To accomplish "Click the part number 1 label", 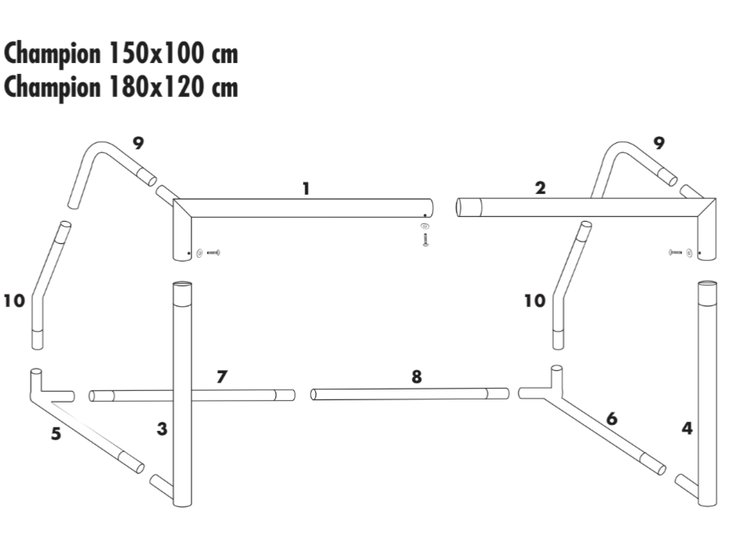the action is click(x=306, y=189).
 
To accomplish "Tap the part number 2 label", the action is click(x=540, y=188).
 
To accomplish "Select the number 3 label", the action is click(x=162, y=429).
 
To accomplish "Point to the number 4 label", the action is click(x=687, y=428).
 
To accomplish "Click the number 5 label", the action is click(x=56, y=434).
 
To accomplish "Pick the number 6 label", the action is click(x=612, y=419).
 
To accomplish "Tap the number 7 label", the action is click(x=222, y=376).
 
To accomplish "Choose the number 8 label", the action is click(x=417, y=376).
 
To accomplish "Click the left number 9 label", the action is click(x=138, y=143).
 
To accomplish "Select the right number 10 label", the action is click(x=535, y=301).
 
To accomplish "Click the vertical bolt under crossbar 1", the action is click(x=425, y=239).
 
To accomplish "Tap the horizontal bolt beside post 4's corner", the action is click(x=675, y=252).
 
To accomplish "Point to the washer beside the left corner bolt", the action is click(x=199, y=253).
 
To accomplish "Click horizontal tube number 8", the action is click(x=410, y=394).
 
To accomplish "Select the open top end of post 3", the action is click(x=182, y=286).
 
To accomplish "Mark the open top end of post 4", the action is click(x=707, y=285).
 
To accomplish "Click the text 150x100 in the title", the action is click(x=156, y=54).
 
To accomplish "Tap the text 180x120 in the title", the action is click(x=156, y=87).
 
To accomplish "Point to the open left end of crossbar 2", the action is click(x=458, y=208).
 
